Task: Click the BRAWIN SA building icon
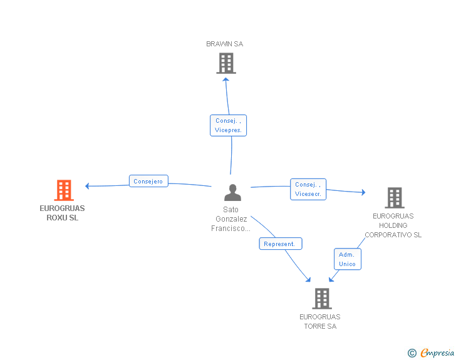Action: click(226, 63)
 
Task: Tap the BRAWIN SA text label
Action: click(225, 44)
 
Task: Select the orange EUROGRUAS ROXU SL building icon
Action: click(63, 190)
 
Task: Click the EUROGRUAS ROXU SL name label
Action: click(62, 213)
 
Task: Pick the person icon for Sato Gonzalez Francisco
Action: click(232, 193)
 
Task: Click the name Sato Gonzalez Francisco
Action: click(231, 219)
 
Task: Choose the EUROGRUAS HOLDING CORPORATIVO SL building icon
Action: click(394, 198)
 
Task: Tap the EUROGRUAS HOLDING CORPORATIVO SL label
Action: click(393, 225)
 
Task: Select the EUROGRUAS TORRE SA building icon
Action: click(321, 299)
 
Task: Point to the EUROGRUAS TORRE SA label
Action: click(319, 321)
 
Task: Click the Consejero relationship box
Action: click(148, 182)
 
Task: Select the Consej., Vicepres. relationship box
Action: click(229, 125)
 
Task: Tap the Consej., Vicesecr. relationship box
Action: click(308, 189)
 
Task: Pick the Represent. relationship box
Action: click(281, 244)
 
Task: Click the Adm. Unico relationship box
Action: click(347, 259)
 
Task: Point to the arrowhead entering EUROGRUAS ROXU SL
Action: click(88, 186)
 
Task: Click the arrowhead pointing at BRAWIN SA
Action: click(226, 80)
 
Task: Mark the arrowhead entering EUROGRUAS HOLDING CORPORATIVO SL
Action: click(363, 193)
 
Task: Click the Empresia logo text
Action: click(437, 352)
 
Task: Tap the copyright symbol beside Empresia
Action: click(412, 353)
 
